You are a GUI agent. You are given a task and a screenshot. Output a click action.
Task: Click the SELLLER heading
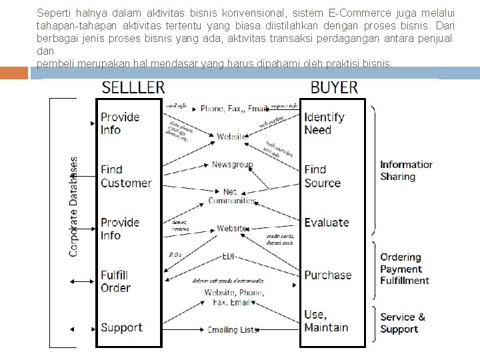coord(133,87)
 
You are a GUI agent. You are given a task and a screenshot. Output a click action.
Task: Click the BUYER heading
coord(334,87)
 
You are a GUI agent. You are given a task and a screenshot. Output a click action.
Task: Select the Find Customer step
coord(126,176)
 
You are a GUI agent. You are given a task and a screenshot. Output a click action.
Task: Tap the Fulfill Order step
coord(115,281)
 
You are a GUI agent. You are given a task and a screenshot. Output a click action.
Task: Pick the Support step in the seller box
coord(121,327)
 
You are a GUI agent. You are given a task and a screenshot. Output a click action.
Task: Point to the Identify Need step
coord(324,123)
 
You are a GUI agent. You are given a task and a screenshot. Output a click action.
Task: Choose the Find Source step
coord(322,176)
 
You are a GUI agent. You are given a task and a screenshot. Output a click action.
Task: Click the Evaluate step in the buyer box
coord(327,223)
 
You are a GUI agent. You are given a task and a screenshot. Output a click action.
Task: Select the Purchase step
coord(327,275)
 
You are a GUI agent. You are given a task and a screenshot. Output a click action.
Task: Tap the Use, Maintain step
coord(326,321)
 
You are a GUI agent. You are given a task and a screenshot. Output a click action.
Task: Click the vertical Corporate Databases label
coord(74,207)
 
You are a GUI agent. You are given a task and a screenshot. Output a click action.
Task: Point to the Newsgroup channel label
coord(231,164)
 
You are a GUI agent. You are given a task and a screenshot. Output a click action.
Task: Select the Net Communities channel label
coord(230,196)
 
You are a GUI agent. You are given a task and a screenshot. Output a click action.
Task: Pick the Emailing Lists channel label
coord(231,329)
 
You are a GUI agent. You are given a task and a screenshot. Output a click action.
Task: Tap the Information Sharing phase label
coord(406,171)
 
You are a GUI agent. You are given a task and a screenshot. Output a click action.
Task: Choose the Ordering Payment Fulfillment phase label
coord(405,269)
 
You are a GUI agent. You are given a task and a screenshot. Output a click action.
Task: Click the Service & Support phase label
coord(403,323)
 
